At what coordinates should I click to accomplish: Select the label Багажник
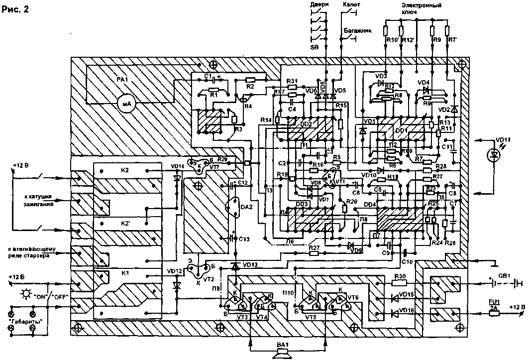tap(354, 30)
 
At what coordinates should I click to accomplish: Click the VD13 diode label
tap(246, 264)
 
